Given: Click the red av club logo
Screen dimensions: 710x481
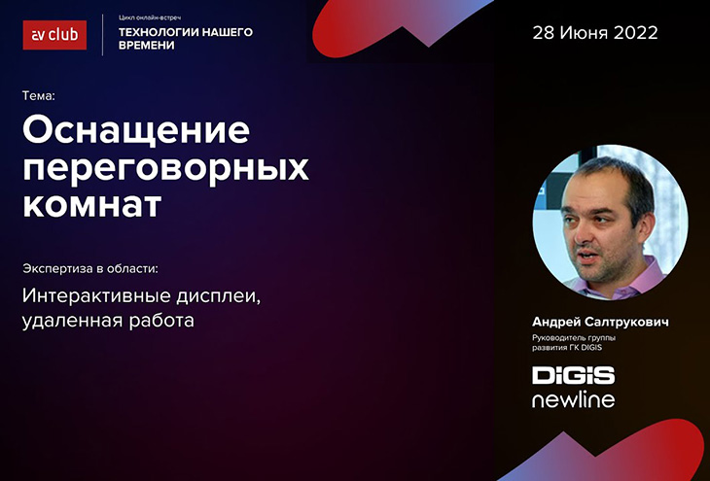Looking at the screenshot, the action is (54, 35).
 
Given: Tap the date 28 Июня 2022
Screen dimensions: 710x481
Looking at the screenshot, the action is (595, 33).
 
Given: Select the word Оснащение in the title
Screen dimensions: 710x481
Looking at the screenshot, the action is (136, 130).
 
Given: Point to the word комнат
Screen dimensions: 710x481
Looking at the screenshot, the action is (92, 205).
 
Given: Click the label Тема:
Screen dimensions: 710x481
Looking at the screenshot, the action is (39, 96).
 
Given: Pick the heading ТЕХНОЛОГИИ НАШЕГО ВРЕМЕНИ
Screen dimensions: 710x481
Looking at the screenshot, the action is (186, 39).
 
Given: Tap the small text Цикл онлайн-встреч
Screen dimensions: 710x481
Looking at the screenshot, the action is (150, 17).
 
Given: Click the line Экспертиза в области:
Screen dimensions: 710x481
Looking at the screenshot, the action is (90, 269).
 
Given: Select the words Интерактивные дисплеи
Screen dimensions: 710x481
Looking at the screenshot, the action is (141, 296).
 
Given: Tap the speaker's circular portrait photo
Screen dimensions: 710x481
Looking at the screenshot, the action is (610, 223).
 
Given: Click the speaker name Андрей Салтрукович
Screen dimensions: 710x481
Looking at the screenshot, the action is (600, 322).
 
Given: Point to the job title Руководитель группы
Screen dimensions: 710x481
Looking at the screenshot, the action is (574, 337).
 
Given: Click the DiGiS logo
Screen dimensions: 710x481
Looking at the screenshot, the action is (573, 375).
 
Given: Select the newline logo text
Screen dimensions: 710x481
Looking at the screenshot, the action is (573, 399).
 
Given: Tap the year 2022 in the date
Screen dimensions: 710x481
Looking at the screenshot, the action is (636, 33).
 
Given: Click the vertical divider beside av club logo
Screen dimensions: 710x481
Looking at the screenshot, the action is (103, 35).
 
